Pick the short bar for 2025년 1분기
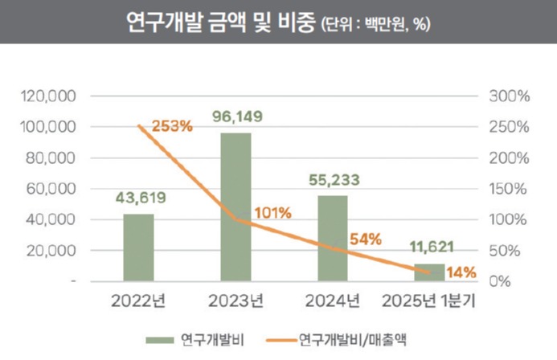[x=429, y=272]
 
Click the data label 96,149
[x=236, y=117]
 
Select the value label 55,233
[x=333, y=180]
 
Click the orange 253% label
[x=171, y=125]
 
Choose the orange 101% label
[x=272, y=213]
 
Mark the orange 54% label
[x=365, y=239]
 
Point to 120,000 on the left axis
[x=47, y=96]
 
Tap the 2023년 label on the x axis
[x=236, y=302]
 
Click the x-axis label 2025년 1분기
[x=429, y=302]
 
